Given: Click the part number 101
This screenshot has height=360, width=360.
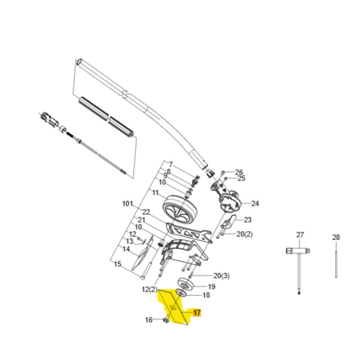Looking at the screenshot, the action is [x=128, y=204].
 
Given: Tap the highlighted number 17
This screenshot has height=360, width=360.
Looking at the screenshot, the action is [x=197, y=313].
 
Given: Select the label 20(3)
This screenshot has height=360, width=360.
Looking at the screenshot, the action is [x=221, y=275].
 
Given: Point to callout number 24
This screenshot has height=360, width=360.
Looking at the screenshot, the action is [x=255, y=203].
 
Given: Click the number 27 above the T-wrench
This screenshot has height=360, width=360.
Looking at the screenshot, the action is [x=300, y=234].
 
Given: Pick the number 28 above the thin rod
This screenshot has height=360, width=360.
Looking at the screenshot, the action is [x=336, y=237].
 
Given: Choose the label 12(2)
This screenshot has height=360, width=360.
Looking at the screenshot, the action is [x=149, y=289].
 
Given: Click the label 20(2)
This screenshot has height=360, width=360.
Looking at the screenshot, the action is [x=244, y=234].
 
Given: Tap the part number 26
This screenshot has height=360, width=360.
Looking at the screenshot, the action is [x=239, y=172].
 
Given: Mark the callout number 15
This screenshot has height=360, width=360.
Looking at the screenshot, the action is [x=117, y=264].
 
